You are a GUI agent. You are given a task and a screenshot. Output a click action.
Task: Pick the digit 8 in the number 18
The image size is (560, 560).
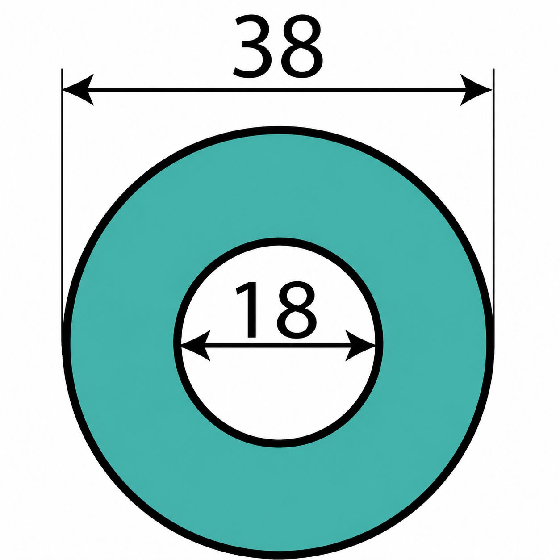coord(296,310)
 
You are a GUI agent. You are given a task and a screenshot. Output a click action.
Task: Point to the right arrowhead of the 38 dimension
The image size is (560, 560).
coord(476,90)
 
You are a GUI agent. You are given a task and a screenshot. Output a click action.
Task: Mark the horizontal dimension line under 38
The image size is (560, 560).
coord(277,90)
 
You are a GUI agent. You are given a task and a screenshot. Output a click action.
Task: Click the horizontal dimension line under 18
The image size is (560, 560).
coord(278,346)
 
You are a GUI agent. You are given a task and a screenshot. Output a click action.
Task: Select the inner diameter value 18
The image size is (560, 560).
coord(276,310)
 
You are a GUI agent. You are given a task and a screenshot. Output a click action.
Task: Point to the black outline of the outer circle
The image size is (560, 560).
coord(66,343)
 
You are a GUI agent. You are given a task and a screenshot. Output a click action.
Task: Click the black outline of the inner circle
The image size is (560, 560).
coord(177,343)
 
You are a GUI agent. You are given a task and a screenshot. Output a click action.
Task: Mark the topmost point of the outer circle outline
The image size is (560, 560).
coord(278,130)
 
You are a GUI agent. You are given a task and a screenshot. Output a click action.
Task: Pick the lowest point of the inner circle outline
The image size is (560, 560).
coord(278,444)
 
